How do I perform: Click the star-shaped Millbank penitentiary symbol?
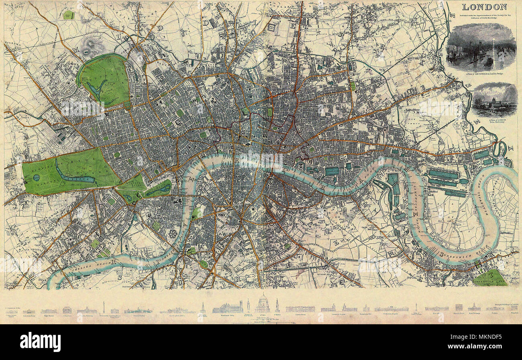click(173, 234)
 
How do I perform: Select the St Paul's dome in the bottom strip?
click(263, 304)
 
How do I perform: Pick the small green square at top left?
click(69, 15)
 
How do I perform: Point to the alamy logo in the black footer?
click(40, 342)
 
